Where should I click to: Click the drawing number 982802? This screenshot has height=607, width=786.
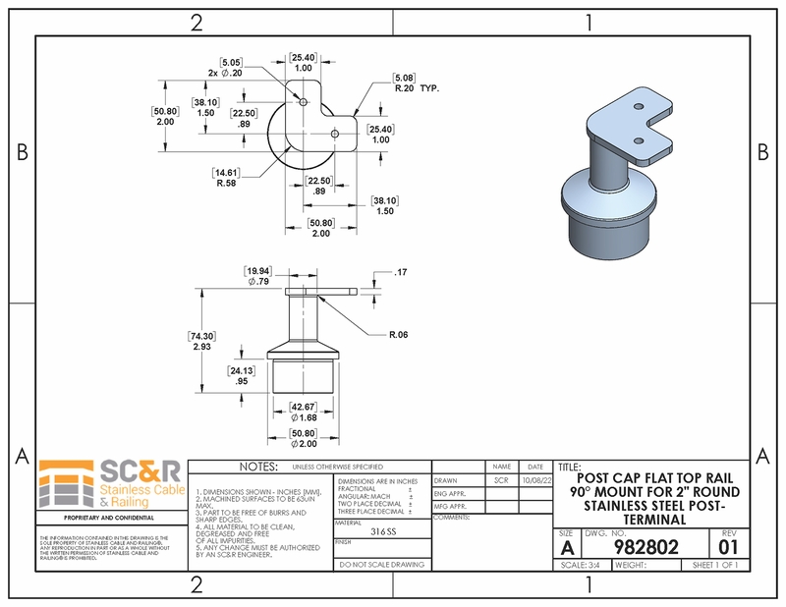coord(646,547)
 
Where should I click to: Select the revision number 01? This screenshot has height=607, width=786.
coord(728,546)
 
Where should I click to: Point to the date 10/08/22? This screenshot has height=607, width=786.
coord(534,481)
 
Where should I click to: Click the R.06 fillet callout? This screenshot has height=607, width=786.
coord(398,335)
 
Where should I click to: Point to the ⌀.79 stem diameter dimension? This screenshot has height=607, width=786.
coord(257,276)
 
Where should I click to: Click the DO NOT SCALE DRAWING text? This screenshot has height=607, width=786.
coord(381,565)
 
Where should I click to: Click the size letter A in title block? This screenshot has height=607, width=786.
coord(566,546)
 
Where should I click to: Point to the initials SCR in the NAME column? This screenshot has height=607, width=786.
coord(501,481)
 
